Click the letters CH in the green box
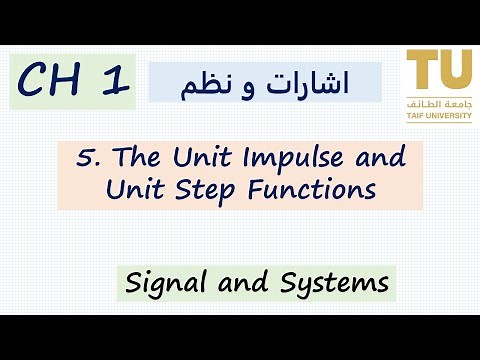53,83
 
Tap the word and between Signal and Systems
235,283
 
